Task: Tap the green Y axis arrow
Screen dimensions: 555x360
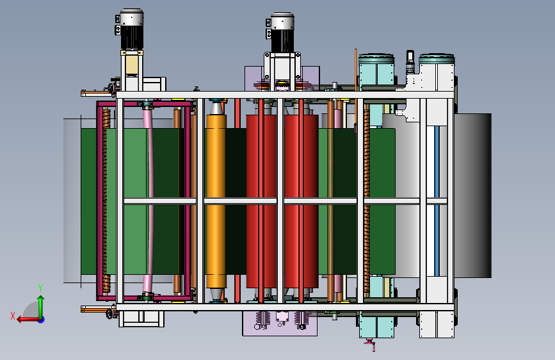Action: (41, 303)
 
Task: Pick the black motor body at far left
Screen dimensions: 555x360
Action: (132, 37)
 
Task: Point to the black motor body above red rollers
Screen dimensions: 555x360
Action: (282, 41)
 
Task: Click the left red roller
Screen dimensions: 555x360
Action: (261, 201)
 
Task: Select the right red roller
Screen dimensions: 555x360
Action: (302, 201)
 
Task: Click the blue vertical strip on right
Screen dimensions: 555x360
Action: (437, 201)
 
